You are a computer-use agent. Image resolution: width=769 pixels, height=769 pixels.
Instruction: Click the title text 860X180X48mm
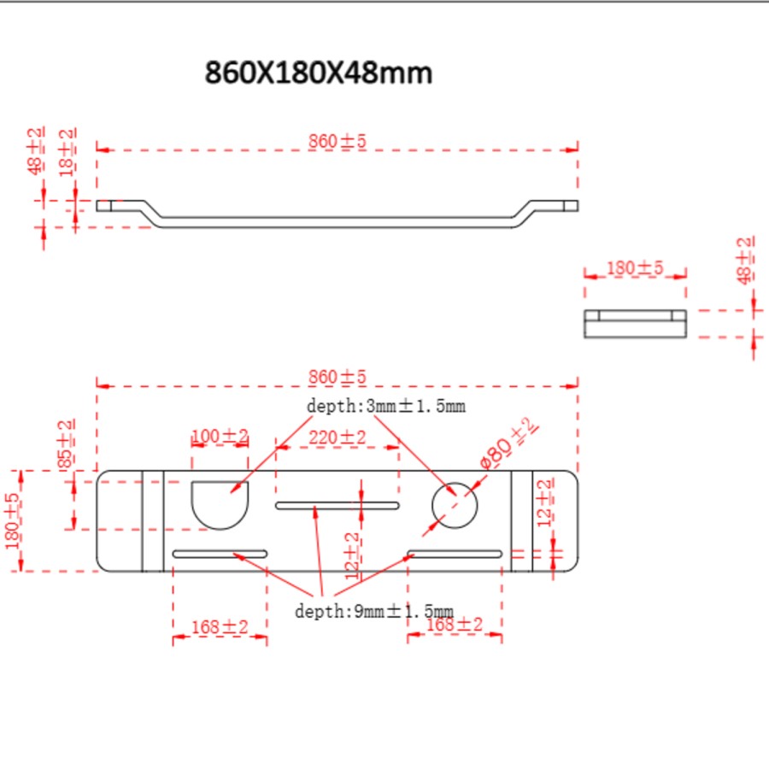point(318,73)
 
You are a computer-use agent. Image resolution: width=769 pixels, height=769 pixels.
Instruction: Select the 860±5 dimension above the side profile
point(337,142)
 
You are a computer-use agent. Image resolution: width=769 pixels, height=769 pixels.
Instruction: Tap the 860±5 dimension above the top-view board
point(337,377)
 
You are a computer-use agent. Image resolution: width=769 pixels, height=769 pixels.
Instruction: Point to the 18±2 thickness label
point(67,152)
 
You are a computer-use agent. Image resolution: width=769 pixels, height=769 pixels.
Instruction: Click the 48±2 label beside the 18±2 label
point(36,151)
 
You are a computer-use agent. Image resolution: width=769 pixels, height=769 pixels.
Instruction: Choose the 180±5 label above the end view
point(634,267)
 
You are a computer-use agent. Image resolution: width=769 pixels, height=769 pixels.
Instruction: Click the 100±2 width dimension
point(220,437)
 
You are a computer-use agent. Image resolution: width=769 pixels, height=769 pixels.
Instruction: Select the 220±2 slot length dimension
point(337,437)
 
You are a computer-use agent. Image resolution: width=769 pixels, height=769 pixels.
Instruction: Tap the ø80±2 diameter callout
point(507,443)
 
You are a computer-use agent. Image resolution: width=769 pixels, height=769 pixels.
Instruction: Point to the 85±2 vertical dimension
point(66,444)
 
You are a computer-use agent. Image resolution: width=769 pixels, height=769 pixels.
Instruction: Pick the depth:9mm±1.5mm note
point(373,611)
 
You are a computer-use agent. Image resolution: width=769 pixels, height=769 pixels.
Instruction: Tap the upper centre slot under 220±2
point(337,506)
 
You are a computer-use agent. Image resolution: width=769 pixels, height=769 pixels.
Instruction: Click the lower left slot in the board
point(220,554)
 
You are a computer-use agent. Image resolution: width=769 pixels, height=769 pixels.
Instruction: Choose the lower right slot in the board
point(454,554)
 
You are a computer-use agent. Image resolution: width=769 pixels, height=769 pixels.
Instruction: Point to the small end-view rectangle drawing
point(635,324)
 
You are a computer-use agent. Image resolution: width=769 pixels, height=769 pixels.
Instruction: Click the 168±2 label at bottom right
point(455,625)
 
